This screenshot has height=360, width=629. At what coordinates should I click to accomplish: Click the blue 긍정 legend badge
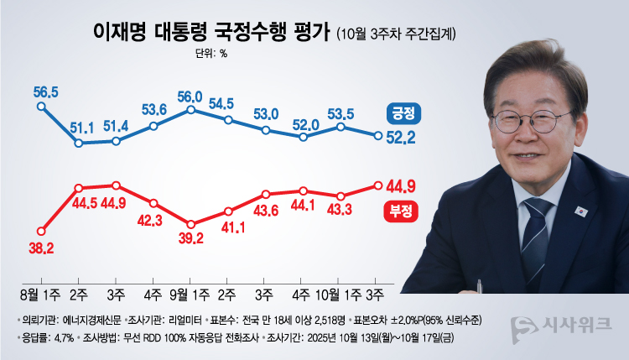pos(406,112)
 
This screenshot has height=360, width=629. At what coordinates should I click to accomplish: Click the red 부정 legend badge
pos(406,211)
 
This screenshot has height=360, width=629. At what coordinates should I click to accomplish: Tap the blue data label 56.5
pos(44,91)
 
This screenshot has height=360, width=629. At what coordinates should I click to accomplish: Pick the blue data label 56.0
pos(192,95)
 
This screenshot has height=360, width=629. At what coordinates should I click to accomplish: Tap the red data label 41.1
pos(231,227)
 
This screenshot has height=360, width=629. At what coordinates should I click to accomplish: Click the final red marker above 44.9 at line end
pos(378,185)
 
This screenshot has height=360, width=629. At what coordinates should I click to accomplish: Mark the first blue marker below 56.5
pos(41,107)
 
